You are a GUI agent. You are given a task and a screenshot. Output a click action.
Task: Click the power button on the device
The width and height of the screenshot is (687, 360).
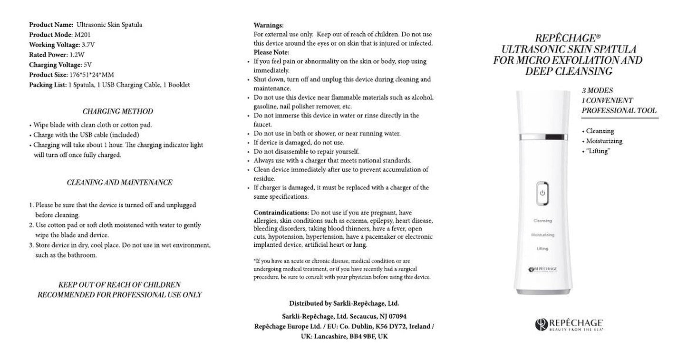click(542, 193)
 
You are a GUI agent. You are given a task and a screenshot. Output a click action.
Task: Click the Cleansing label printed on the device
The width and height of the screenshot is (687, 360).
click(542, 221)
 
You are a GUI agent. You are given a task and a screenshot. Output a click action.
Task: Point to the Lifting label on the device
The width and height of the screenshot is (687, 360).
click(542, 249)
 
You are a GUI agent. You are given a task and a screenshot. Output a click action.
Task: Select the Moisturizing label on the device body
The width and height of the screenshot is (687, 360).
click(542, 235)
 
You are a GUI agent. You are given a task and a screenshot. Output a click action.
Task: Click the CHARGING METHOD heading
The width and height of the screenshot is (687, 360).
click(117, 111)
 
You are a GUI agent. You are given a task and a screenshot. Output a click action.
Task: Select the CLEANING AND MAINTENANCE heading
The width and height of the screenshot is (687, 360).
click(119, 182)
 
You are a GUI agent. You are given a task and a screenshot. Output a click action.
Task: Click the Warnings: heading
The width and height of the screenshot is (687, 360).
click(268, 25)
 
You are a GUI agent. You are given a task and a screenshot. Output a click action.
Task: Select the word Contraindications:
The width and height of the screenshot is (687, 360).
click(281, 212)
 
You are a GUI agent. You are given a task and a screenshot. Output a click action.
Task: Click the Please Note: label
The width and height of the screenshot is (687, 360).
click(271, 52)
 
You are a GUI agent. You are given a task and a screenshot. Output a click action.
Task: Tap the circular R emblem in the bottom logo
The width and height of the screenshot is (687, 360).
click(540, 324)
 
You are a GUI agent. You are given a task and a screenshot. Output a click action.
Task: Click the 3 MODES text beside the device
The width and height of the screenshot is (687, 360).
click(597, 90)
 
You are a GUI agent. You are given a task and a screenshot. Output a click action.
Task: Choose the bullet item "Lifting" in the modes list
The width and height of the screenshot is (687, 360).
click(598, 151)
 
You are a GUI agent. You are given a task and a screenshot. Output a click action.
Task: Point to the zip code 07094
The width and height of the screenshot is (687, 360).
click(396, 316)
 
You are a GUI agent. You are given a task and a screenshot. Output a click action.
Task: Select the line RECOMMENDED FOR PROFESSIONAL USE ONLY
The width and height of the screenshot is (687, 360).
click(119, 295)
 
